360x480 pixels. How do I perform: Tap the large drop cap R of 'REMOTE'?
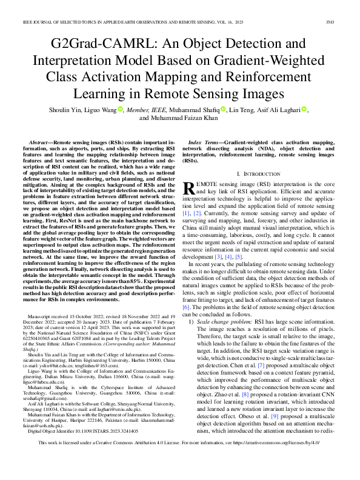coord(188,188)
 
